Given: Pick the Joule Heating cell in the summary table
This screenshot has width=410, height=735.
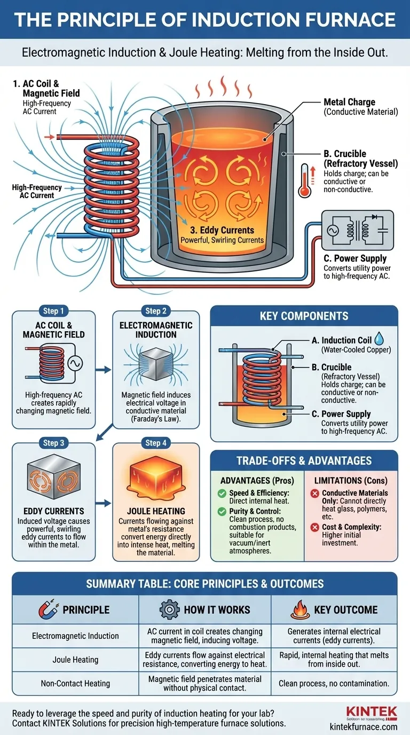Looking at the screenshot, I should click(75, 659).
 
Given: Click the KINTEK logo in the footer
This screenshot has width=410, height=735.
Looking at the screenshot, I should click(372, 712).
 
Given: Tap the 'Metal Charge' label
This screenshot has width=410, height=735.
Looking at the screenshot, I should click(349, 102).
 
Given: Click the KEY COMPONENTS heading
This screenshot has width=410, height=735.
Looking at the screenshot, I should click(304, 316).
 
